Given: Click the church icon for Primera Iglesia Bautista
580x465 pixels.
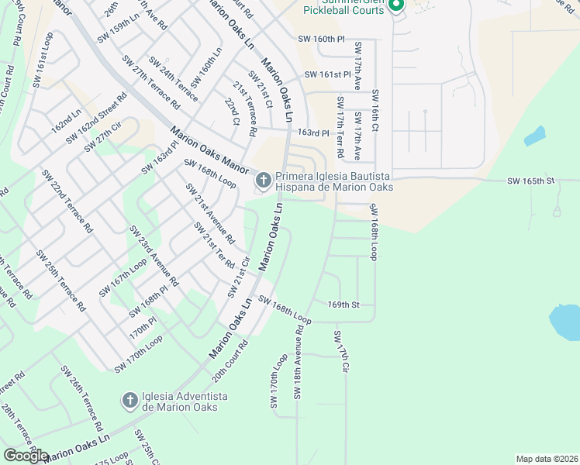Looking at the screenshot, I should pos(263,181).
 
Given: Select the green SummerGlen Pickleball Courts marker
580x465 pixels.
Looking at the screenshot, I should pos(396,6).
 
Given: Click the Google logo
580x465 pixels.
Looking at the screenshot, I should pos(26,456).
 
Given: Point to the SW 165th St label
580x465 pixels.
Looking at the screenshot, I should pos(532,181).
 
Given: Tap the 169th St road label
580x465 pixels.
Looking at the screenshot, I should pos(344,305).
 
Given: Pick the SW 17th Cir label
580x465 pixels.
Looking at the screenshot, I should pos(342,350).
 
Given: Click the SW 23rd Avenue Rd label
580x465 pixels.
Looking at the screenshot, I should pos(154,257).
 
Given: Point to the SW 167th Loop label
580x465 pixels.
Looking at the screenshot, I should pos(122,277).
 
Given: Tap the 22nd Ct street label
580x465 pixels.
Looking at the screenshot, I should pos(232,111).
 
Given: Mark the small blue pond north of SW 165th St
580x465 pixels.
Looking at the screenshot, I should pos(534,136).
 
